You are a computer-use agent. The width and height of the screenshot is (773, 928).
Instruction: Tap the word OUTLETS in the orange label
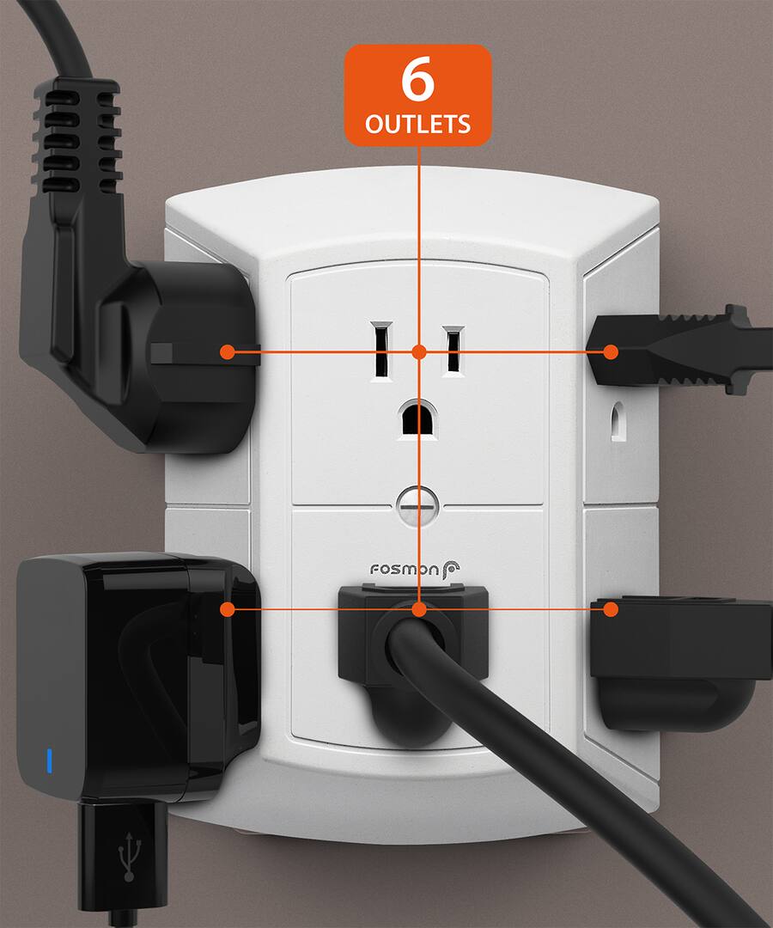pos(418,124)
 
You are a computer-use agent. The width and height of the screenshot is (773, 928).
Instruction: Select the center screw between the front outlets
pos(418,504)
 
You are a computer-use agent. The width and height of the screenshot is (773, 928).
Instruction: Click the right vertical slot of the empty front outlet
pos(453,350)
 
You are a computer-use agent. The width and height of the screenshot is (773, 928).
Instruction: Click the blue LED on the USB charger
pos(50,760)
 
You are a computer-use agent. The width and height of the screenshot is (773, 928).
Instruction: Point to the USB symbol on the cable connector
pos(127,856)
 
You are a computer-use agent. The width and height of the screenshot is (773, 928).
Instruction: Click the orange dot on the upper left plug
pos(228,351)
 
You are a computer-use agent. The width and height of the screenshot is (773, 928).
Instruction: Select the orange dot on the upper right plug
pos(611,351)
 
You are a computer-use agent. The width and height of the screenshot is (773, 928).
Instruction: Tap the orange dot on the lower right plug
pos(611,609)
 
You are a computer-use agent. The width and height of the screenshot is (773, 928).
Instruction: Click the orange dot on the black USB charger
pos(228,609)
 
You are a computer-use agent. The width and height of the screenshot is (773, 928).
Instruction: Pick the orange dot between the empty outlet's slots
pos(418,351)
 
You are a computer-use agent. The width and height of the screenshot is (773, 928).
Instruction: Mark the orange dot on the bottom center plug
pos(418,609)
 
